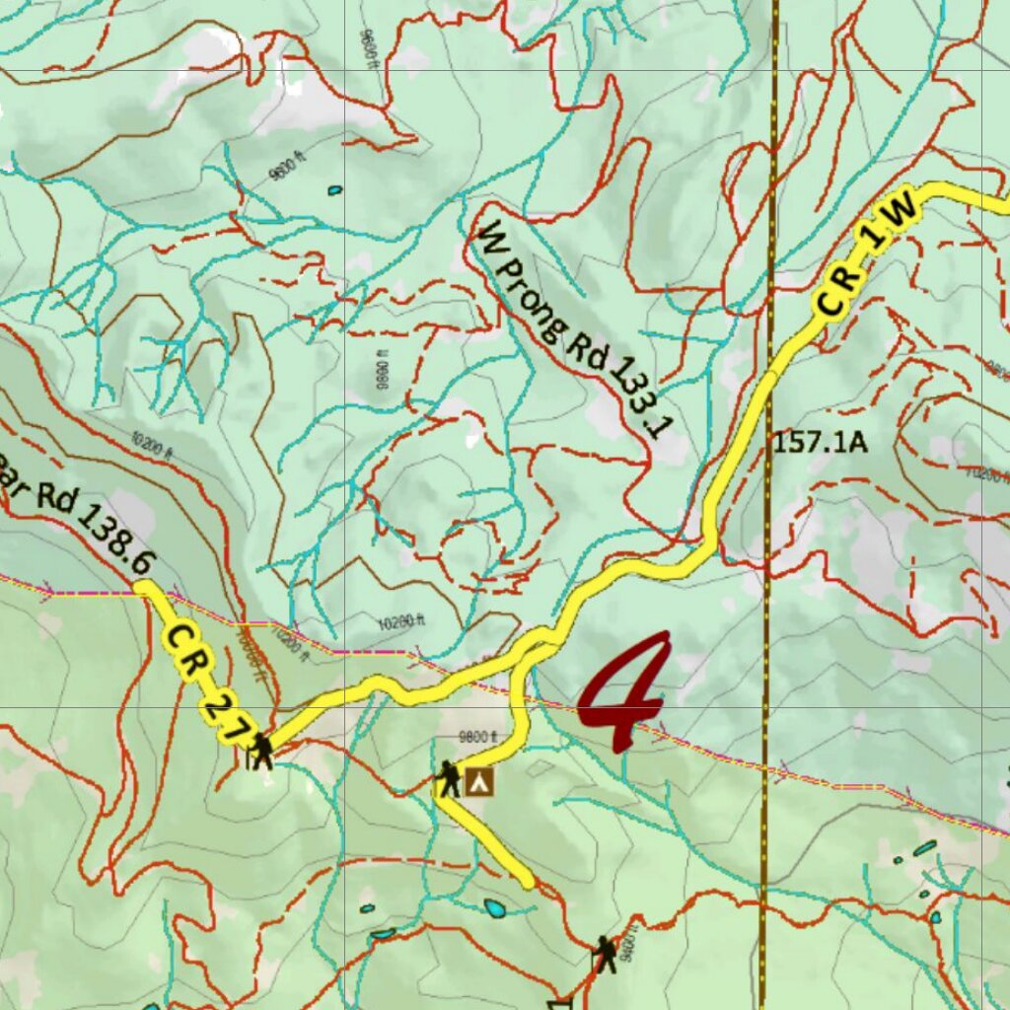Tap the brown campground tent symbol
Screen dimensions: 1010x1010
(480, 782)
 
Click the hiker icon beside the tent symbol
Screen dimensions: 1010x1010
(449, 779)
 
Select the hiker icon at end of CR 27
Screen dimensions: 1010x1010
(260, 752)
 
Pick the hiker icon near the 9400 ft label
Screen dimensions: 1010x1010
(604, 954)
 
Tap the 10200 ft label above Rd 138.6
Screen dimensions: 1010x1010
(151, 447)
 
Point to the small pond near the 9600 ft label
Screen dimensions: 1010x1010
(335, 189)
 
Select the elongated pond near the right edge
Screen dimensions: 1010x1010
(924, 847)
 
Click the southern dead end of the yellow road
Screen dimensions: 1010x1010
(528, 881)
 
